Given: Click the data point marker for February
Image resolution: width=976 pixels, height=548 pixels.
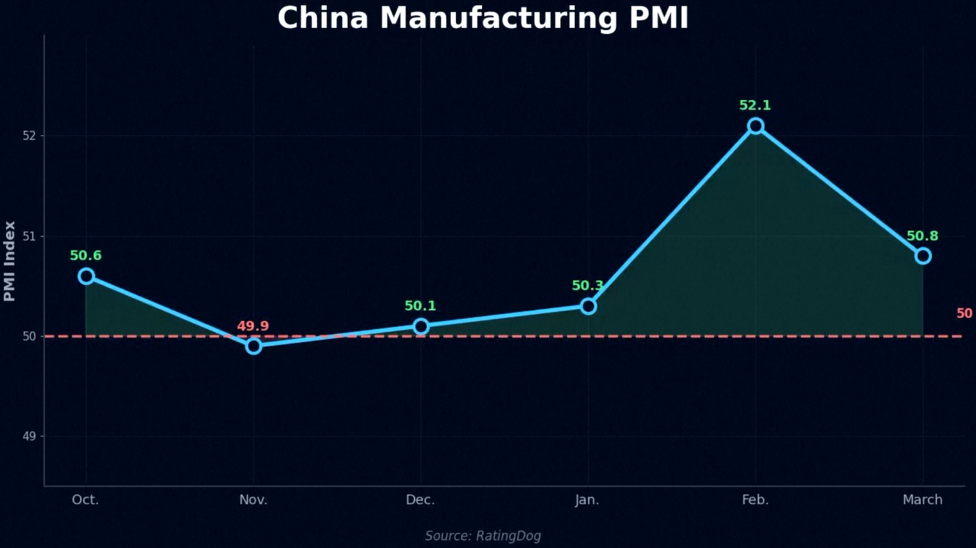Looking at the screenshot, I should (755, 126).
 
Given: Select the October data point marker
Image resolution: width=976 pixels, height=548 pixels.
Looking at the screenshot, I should (86, 276).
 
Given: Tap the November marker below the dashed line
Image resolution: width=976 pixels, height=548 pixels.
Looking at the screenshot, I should (254, 346).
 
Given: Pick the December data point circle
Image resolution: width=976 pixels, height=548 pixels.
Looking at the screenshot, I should (421, 326).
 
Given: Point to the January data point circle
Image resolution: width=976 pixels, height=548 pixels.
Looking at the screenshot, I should (588, 306).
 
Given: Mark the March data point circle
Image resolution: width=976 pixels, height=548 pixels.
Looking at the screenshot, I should (923, 256).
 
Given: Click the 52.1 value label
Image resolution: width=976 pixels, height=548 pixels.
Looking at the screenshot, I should (755, 106).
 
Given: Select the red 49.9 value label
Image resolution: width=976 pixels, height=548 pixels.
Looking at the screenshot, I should (253, 326).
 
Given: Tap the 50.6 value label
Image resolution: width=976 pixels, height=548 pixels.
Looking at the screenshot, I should (86, 256).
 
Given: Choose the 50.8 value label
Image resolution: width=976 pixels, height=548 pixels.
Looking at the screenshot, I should (922, 236).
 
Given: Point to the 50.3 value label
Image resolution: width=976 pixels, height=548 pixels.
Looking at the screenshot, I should (588, 286).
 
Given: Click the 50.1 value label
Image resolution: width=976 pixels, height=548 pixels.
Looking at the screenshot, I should (420, 306).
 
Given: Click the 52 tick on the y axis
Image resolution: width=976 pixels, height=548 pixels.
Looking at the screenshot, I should (30, 136).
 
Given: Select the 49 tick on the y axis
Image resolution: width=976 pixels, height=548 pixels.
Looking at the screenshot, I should (30, 436).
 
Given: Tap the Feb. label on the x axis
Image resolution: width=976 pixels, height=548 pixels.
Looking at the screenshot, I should (755, 500).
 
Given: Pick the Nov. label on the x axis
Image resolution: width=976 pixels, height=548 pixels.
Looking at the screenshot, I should (254, 500).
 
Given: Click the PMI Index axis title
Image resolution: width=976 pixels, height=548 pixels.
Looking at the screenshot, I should (9, 261).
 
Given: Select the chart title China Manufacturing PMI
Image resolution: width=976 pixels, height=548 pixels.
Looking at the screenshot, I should (483, 18).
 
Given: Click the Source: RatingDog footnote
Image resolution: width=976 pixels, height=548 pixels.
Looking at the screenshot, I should (483, 536).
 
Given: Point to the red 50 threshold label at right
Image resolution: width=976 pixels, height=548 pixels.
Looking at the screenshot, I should (964, 314).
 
